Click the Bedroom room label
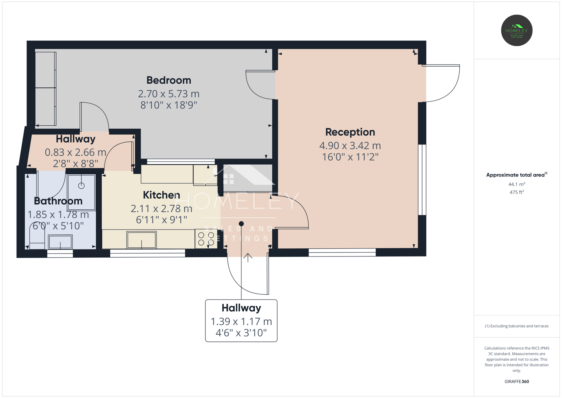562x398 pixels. pos(169,80)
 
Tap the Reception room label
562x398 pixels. pos(350,132)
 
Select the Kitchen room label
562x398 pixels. pos(161,195)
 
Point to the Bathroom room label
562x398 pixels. pos(58,201)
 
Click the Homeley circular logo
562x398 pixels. pos(517,30)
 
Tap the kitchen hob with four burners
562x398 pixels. pos(206,239)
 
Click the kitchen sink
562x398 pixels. pos(141,240)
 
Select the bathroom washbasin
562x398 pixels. pos(60,242)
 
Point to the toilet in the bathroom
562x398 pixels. pos(37,236)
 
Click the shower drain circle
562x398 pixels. pos(81,186)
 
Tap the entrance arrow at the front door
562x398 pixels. pos(248,258)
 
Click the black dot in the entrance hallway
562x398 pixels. pos(241,224)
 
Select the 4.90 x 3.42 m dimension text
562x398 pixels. pos(350,146)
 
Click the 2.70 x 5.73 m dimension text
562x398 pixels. pos(169,94)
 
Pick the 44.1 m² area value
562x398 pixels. pos(517,184)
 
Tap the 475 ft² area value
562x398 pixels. pos(517,192)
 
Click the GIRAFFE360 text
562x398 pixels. pos(517,381)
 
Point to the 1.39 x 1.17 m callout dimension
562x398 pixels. pos(241,322)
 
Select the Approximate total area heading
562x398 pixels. pos(517,175)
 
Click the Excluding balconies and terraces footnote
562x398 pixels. pos(517,326)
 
